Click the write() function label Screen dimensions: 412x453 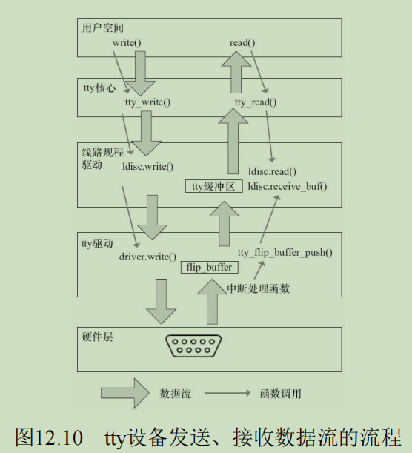tap(127, 43)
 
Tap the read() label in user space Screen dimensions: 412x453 tap(242, 43)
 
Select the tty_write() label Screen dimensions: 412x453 tap(147, 102)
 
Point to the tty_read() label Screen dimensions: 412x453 tap(256, 102)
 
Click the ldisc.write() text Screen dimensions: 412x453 tap(147, 167)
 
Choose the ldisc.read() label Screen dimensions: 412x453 tap(272, 171)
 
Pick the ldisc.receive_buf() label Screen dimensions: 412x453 tap(288, 187)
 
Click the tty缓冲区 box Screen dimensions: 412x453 tap(214, 187)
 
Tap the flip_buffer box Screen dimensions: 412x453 tap(210, 267)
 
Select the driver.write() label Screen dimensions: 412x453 tap(147, 257)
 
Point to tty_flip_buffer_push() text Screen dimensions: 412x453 tap(285, 253)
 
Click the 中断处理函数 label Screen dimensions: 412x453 tap(258, 288)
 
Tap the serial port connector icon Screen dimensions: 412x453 tap(193, 345)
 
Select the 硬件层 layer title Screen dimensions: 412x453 tap(98, 337)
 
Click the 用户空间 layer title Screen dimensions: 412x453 tap(103, 28)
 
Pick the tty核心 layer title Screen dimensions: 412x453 tap(99, 87)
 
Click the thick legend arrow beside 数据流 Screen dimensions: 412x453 tap(124, 393)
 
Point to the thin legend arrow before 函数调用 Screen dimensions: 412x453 tap(227, 393)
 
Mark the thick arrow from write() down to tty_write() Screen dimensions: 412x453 tap(140, 73)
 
